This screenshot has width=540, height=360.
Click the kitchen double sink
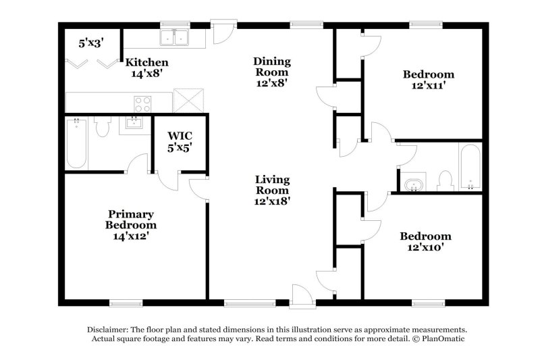pyautogui.click(x=174, y=37)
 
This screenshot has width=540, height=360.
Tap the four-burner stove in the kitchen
pyautogui.click(x=142, y=103)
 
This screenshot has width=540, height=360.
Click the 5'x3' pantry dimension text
pyautogui.click(x=91, y=43)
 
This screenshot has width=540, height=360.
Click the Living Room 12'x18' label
pyautogui.click(x=272, y=190)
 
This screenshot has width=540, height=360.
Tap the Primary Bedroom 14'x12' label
pyautogui.click(x=131, y=224)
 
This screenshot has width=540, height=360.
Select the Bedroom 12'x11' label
pyautogui.click(x=428, y=80)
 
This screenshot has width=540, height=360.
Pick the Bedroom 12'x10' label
pyautogui.click(x=425, y=242)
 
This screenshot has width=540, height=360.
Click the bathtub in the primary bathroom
pyautogui.click(x=76, y=144)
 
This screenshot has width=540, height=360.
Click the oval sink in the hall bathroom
pyautogui.click(x=414, y=184)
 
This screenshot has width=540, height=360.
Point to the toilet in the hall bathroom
pyautogui.click(x=444, y=180)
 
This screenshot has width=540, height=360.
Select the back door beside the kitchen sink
pyautogui.click(x=221, y=32)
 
